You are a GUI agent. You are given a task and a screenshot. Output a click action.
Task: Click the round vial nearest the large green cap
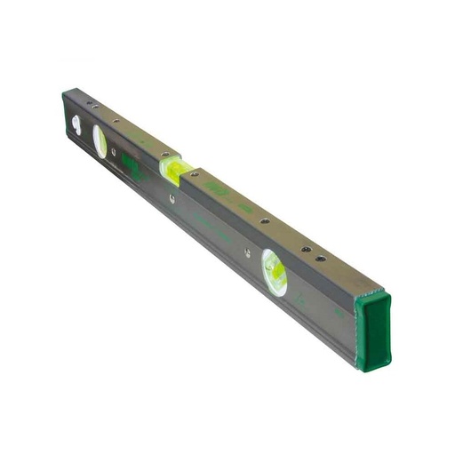click(274, 271)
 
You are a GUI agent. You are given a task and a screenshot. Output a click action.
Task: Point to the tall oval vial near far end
click(99, 141)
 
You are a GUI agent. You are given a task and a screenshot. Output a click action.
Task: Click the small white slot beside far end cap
click(76, 124)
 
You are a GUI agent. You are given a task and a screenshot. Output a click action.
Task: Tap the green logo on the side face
click(131, 165)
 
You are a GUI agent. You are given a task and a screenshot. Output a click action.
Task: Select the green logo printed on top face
click(216, 188)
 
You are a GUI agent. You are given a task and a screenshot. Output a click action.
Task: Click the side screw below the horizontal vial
click(172, 199)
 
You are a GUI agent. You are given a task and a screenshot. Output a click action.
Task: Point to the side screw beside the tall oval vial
click(114, 152)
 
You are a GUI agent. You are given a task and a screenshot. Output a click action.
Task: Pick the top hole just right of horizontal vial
click(195, 175)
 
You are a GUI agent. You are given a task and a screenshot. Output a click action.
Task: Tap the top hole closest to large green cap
click(321, 259)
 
